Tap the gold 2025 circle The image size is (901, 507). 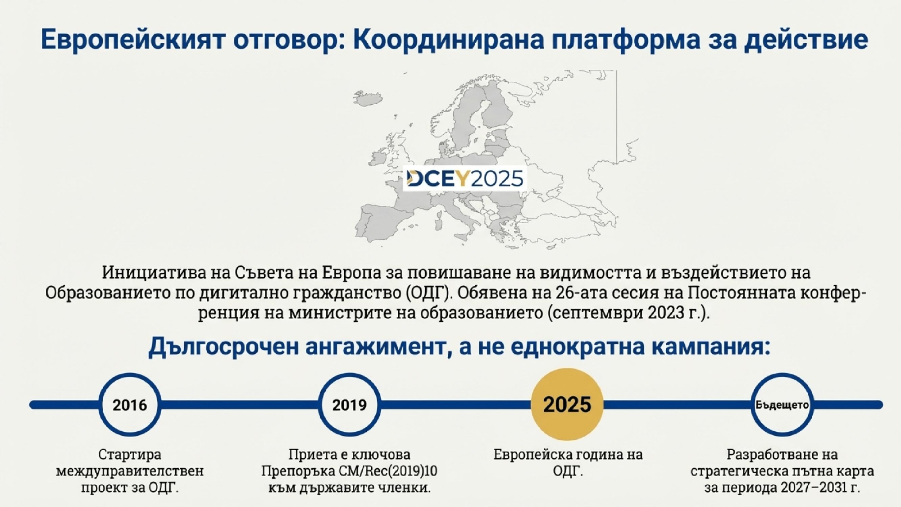(x=567, y=404)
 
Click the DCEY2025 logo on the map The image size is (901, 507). (x=464, y=179)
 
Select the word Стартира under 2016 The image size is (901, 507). (x=130, y=454)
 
